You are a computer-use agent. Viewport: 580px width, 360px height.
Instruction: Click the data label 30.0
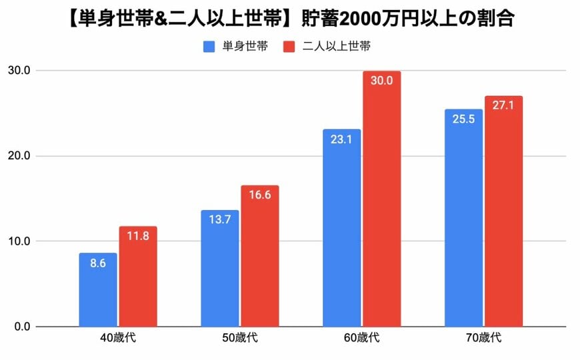click(x=381, y=81)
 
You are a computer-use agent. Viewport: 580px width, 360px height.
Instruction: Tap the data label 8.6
click(x=98, y=263)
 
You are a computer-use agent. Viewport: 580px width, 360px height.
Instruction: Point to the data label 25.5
click(x=463, y=119)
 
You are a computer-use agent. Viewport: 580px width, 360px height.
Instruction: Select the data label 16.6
click(x=259, y=195)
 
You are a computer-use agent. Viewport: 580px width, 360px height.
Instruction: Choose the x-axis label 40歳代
click(x=117, y=339)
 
